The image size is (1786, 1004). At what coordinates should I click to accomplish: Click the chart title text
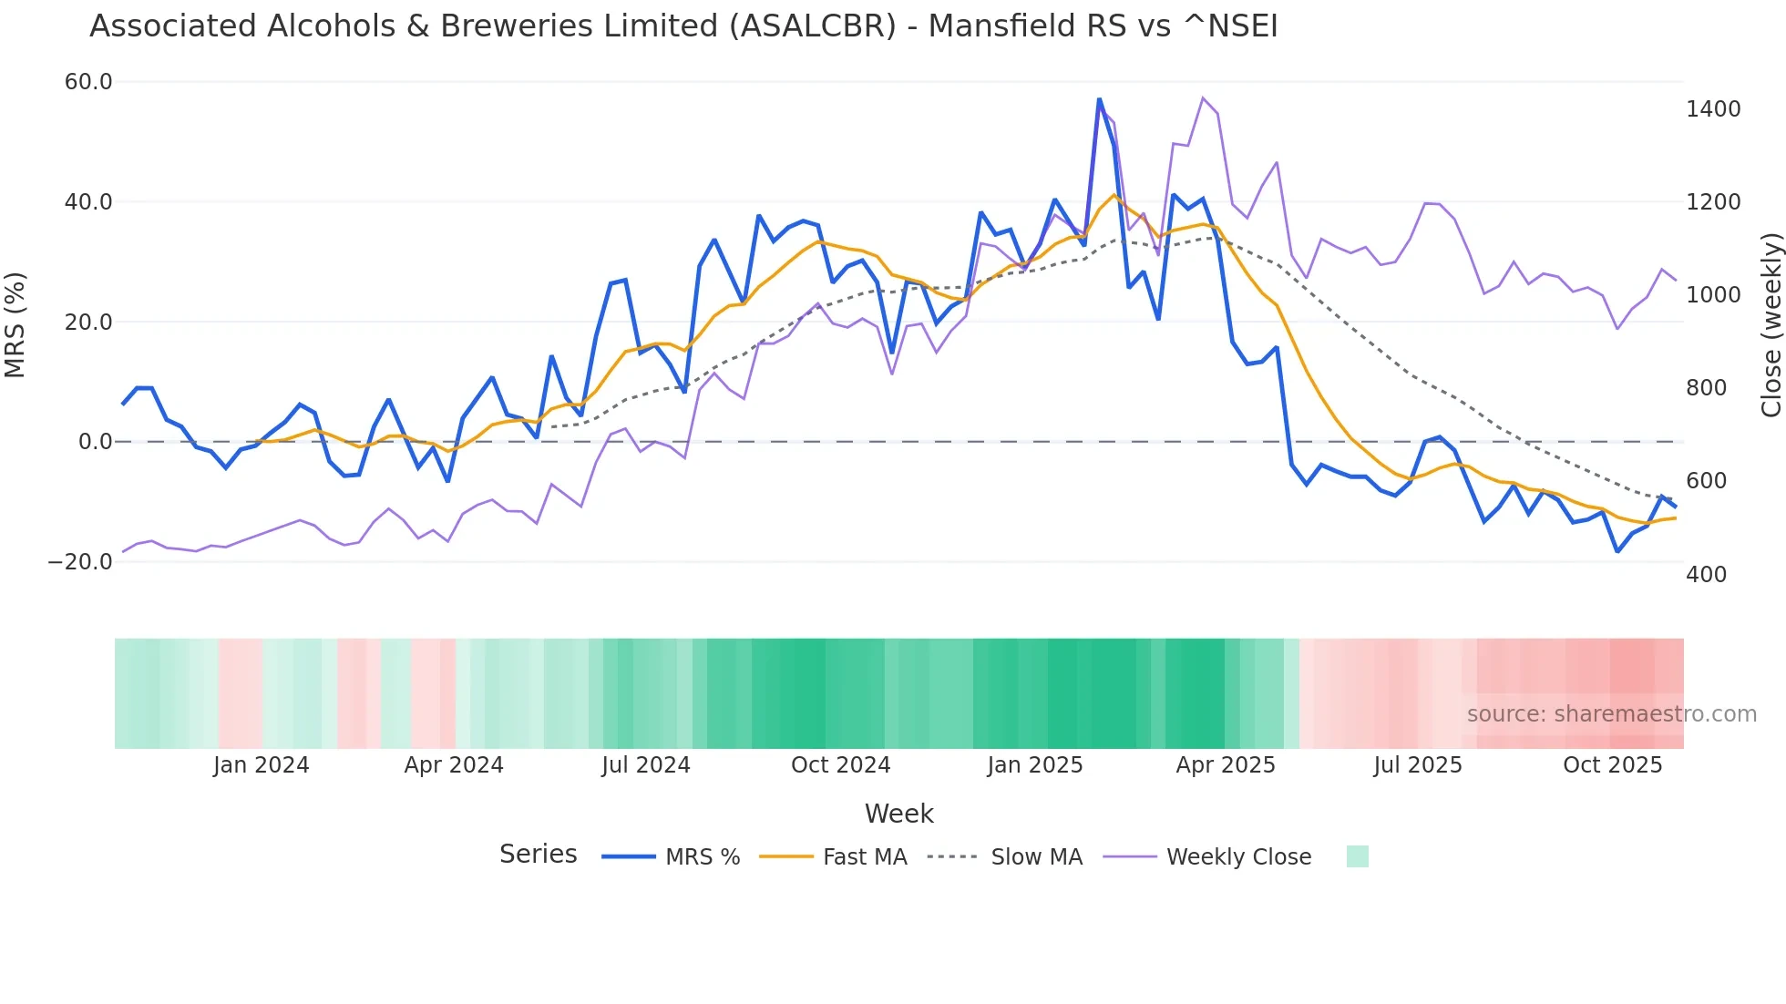(683, 26)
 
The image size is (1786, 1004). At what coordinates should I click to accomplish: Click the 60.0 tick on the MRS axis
(88, 82)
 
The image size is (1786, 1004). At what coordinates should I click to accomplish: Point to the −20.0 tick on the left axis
(80, 562)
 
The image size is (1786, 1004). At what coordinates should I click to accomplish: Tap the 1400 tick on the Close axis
(1713, 109)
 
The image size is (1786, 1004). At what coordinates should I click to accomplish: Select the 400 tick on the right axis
(1706, 575)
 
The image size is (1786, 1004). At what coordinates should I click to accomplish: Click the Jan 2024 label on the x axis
(262, 765)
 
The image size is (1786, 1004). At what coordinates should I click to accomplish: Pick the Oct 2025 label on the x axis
(1612, 765)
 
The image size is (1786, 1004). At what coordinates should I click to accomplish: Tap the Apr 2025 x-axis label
(1225, 765)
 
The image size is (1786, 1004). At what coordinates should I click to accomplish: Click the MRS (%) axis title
(15, 325)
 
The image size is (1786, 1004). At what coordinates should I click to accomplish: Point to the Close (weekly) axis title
(1771, 325)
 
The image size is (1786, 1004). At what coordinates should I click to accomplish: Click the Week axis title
(898, 814)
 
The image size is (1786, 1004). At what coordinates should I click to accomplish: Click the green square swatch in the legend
(1357, 856)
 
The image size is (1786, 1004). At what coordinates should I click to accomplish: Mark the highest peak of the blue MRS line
(1099, 99)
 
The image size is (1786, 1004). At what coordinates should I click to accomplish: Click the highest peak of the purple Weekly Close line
(1203, 97)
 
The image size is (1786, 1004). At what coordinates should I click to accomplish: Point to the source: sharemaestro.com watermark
(1611, 714)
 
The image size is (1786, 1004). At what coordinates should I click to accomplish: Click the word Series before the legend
(538, 855)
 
